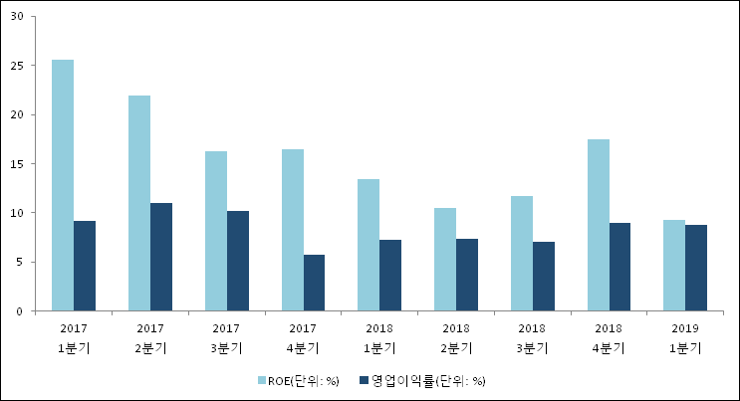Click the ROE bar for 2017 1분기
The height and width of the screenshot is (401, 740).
click(63, 185)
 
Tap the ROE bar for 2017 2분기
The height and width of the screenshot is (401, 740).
click(139, 203)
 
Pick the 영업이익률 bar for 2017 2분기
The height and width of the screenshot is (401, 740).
click(161, 257)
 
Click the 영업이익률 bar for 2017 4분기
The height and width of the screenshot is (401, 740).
click(315, 283)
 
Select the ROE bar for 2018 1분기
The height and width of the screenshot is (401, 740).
click(369, 245)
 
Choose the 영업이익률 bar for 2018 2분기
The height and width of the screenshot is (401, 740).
click(468, 275)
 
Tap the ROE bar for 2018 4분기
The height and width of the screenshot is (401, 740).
click(599, 225)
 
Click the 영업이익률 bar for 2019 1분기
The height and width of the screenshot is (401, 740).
click(696, 268)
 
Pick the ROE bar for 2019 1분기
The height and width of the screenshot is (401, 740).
click(674, 266)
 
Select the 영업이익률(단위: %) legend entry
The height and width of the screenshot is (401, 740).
click(429, 380)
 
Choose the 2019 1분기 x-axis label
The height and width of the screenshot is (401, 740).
click(685, 337)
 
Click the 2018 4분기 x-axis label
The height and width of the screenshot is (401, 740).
click(609, 337)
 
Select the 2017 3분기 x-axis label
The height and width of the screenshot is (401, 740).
click(226, 337)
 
